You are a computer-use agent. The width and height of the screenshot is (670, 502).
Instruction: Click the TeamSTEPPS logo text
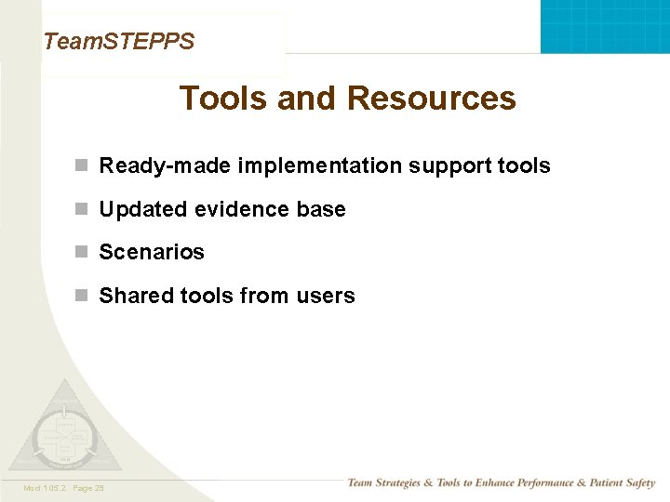[119, 41]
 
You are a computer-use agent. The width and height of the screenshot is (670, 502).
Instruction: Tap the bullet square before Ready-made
[82, 165]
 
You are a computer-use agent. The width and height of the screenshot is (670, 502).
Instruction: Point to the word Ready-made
[166, 165]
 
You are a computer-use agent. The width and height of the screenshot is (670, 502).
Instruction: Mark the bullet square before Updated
[82, 209]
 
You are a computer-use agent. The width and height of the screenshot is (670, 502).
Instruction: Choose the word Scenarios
[152, 252]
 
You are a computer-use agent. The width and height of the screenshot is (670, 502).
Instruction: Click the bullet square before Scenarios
[82, 252]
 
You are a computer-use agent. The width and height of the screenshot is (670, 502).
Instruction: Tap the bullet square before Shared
[82, 296]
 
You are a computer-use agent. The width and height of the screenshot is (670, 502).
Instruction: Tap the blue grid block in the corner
[605, 26]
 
